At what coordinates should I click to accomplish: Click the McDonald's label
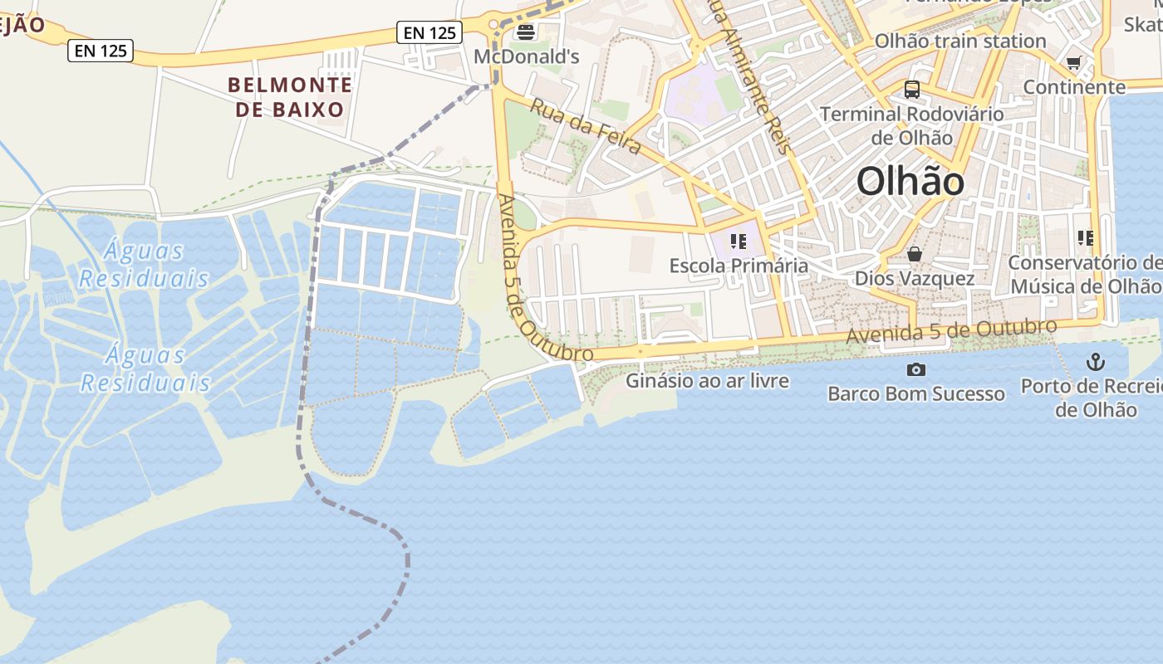pyautogui.click(x=526, y=56)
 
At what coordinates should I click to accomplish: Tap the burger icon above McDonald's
pyautogui.click(x=526, y=32)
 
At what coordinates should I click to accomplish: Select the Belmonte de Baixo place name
pyautogui.click(x=290, y=96)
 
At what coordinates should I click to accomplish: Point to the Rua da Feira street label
pyautogui.click(x=586, y=126)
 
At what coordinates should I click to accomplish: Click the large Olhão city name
pyautogui.click(x=910, y=181)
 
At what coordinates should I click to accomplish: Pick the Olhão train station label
pyautogui.click(x=960, y=41)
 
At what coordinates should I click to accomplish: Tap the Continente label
pyautogui.click(x=1074, y=86)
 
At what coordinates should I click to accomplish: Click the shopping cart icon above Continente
pyautogui.click(x=1074, y=62)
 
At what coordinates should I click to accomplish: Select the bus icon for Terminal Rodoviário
pyautogui.click(x=912, y=89)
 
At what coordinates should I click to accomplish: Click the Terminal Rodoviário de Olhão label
pyautogui.click(x=912, y=124)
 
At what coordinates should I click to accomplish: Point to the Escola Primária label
pyautogui.click(x=739, y=266)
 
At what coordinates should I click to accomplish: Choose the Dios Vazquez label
pyautogui.click(x=915, y=278)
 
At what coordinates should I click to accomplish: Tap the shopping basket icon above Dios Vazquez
pyautogui.click(x=915, y=254)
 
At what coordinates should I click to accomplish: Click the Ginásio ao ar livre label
pyautogui.click(x=707, y=381)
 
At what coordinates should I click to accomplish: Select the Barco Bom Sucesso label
pyautogui.click(x=916, y=393)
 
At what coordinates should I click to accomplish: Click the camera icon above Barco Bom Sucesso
pyautogui.click(x=916, y=369)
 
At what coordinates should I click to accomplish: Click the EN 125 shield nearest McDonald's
pyautogui.click(x=429, y=32)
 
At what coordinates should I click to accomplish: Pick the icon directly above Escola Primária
pyautogui.click(x=739, y=242)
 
